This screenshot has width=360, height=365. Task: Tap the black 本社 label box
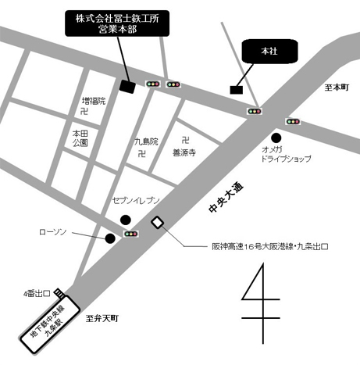coord(267,50)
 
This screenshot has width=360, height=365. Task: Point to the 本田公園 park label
coord(80,138)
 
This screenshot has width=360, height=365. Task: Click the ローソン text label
coord(53,232)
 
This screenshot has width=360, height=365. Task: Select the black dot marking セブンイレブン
coord(137,219)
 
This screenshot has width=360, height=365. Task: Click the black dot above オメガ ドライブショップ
coord(276,138)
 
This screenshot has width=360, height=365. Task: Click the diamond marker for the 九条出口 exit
coord(158,223)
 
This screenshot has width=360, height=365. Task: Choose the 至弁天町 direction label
coord(102,318)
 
